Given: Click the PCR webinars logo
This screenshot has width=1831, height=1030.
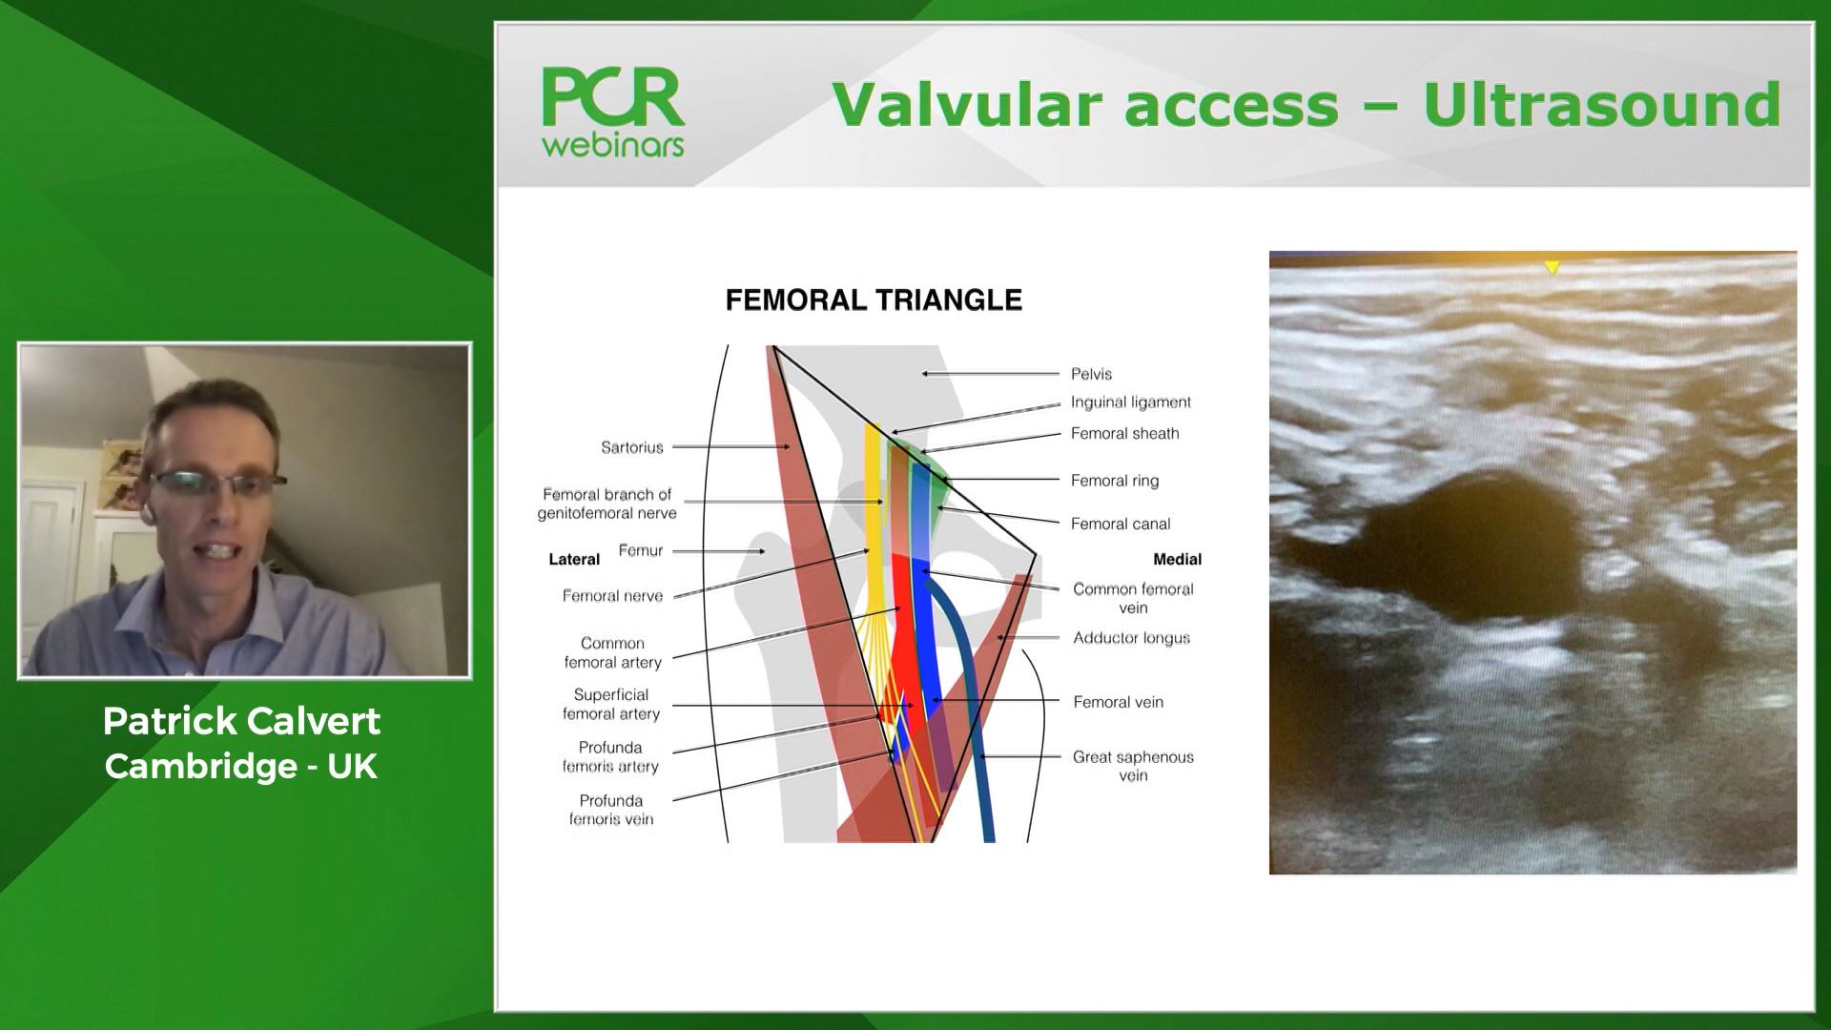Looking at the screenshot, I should pos(613,111).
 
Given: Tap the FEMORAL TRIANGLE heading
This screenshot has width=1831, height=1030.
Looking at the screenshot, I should pos(874,300).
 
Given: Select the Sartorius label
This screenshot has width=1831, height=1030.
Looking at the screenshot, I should pos(631,447).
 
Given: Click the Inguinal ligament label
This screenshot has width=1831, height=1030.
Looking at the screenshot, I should pos(1130,402).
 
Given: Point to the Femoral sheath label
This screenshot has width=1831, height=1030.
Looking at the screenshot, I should pos(1124,434).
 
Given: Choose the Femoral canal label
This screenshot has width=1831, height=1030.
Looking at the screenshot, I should pos(1120,524).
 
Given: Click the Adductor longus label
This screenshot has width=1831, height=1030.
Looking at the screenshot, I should pos(1131,638).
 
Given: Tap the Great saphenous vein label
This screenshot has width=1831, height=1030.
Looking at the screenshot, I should pos(1132,766).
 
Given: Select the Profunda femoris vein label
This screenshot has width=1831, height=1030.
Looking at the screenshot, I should pos(610,810).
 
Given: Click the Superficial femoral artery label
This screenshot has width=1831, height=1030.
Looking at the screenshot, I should pos(610,704).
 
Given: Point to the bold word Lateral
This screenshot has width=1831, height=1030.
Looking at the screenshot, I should pos(574,560).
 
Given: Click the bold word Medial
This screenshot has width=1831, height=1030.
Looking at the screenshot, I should pos(1177,560).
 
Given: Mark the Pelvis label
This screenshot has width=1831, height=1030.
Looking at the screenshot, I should pos(1091,374).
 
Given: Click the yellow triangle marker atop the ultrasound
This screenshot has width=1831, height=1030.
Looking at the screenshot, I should pos(1552,268).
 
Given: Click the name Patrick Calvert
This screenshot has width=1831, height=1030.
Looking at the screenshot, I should pos(241,722).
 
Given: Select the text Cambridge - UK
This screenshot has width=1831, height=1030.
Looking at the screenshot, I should pos(241,766).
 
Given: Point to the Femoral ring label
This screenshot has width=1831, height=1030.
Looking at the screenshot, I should pos(1114,481).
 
